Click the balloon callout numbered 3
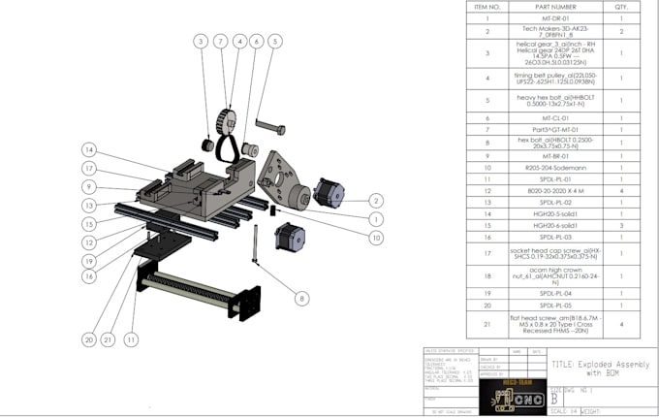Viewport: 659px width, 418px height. [x=201, y=42]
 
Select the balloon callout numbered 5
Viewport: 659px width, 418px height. [x=275, y=42]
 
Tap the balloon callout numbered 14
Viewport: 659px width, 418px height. [x=89, y=149]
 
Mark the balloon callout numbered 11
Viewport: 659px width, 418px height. [x=132, y=339]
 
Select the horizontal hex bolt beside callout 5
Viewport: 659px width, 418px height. [x=270, y=128]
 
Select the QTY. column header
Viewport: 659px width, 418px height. [x=620, y=7]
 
